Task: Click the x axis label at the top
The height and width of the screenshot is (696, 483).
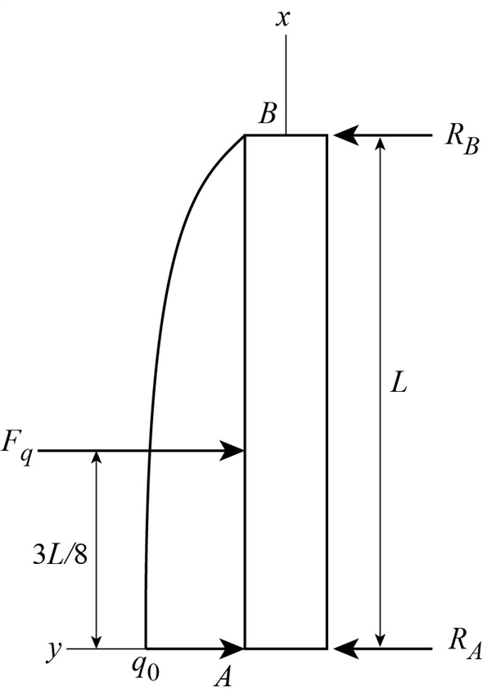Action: pos(285,18)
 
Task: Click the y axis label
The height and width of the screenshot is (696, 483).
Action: pos(54,649)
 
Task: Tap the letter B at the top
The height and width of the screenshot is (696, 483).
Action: pos(267,115)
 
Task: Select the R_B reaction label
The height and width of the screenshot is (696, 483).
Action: pos(460,136)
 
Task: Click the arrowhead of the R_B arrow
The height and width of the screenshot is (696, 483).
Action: pos(341,135)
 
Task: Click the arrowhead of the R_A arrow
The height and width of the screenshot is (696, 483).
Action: pos(341,648)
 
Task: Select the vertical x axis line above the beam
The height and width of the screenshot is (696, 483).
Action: pos(286,82)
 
